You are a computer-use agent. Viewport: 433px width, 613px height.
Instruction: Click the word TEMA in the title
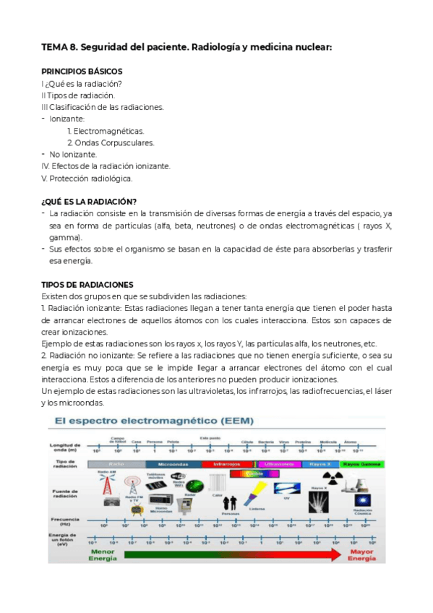[x=54, y=48]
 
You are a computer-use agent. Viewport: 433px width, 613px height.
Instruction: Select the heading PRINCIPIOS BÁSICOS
[x=82, y=72]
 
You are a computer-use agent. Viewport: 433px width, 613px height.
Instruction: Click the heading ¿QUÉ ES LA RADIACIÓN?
[x=90, y=201]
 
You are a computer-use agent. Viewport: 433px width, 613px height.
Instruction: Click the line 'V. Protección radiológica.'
[x=87, y=178]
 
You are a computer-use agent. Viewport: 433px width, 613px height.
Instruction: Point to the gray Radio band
[x=116, y=463]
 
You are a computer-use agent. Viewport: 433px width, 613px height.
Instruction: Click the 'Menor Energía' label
[x=102, y=555]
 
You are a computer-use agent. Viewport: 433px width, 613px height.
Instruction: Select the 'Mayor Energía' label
[x=362, y=555]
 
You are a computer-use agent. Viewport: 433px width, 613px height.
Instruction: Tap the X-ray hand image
[x=320, y=504]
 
